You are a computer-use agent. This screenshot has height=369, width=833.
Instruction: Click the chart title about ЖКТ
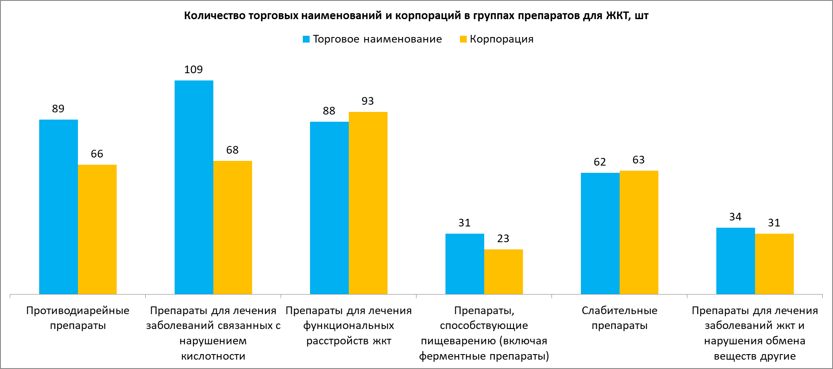click(x=416, y=16)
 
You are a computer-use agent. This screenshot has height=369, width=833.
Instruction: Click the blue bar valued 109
click(x=194, y=187)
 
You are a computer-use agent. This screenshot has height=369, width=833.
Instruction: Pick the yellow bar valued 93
click(x=368, y=203)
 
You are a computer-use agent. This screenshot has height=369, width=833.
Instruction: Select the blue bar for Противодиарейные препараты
click(x=58, y=207)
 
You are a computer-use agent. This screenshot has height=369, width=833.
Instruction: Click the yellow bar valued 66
click(x=97, y=229)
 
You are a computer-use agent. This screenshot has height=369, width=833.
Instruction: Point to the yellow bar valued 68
click(x=233, y=227)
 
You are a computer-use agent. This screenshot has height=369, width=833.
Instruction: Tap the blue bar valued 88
click(x=329, y=208)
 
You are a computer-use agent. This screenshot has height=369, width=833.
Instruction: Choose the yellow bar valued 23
click(x=503, y=272)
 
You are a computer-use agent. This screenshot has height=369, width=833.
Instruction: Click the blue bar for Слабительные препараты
click(x=600, y=233)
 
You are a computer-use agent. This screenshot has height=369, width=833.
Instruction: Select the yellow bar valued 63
click(x=639, y=232)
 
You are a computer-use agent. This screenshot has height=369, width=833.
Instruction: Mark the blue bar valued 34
click(x=735, y=261)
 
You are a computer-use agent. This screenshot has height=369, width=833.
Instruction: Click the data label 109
click(x=193, y=70)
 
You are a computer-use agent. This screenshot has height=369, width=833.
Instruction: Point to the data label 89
click(x=58, y=109)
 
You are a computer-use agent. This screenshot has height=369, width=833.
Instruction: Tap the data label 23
click(x=503, y=239)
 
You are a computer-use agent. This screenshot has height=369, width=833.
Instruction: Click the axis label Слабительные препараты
click(x=619, y=318)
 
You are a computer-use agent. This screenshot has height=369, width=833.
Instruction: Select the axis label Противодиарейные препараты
click(x=78, y=318)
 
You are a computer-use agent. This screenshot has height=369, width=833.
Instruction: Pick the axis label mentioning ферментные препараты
click(x=484, y=333)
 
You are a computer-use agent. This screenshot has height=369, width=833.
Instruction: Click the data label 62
click(x=600, y=162)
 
